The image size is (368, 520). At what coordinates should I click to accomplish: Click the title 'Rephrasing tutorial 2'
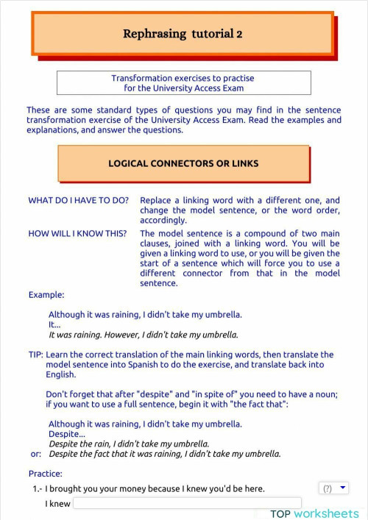click(x=183, y=34)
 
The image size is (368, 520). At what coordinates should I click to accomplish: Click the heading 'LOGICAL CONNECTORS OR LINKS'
click(x=183, y=163)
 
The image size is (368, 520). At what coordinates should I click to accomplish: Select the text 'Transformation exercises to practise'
click(x=183, y=78)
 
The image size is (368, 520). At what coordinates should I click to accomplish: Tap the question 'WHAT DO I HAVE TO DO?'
click(x=79, y=200)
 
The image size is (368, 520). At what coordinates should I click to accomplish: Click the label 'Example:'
click(x=46, y=295)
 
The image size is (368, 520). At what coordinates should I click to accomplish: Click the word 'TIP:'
click(x=35, y=355)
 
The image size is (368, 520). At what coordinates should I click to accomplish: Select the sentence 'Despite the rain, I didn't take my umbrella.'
click(x=129, y=444)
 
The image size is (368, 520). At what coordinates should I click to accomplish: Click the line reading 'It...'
click(x=54, y=324)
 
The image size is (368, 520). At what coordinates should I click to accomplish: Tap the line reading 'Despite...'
click(x=66, y=434)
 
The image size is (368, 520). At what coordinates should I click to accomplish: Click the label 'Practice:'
click(x=46, y=474)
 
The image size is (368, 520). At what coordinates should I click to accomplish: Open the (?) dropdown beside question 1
click(x=333, y=488)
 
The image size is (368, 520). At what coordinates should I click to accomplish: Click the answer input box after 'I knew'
click(x=187, y=504)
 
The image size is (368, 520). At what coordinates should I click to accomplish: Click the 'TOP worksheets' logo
click(x=314, y=513)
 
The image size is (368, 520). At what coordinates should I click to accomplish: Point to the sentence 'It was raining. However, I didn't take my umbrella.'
click(x=144, y=335)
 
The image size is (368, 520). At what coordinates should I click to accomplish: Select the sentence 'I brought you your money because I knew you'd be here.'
click(x=155, y=489)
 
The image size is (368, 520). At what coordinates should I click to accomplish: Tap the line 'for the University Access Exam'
click(x=183, y=88)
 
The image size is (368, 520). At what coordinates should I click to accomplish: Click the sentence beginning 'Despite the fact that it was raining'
click(x=165, y=454)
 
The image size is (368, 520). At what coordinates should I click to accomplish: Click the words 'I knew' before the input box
click(x=57, y=505)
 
